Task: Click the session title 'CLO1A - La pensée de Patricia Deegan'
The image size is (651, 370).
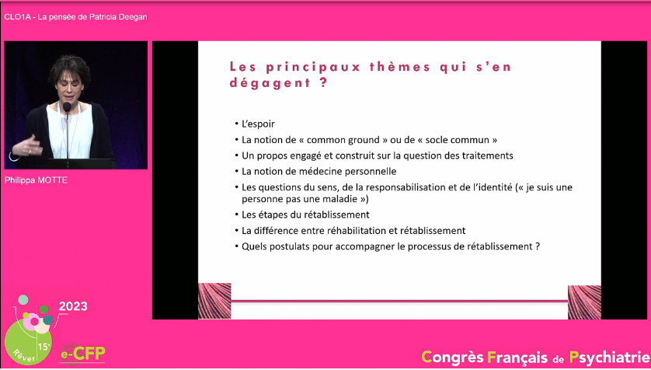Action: [x=75, y=17]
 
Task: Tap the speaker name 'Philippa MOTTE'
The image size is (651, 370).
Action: [x=36, y=180]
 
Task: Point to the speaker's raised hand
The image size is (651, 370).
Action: [x=30, y=146]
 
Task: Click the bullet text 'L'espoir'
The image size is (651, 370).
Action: [x=258, y=124]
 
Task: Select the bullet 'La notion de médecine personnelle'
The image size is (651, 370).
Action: [x=319, y=172]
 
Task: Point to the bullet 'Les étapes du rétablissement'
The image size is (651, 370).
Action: [x=305, y=215]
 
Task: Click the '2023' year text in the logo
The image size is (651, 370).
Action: [x=73, y=306]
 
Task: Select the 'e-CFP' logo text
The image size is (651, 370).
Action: [x=83, y=354]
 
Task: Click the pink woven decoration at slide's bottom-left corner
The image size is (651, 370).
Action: [x=214, y=301]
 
